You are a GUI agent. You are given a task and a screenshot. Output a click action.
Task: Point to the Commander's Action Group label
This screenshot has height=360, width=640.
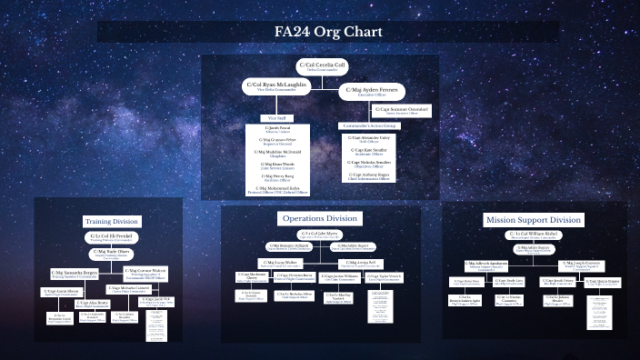[x=368, y=125]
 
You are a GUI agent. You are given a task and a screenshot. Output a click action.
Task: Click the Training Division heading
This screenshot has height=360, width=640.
[x=110, y=221]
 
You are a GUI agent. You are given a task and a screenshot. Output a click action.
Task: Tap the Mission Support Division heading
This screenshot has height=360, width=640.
[x=533, y=220]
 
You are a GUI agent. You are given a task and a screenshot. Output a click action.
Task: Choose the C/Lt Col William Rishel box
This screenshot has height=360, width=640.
[x=532, y=234]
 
